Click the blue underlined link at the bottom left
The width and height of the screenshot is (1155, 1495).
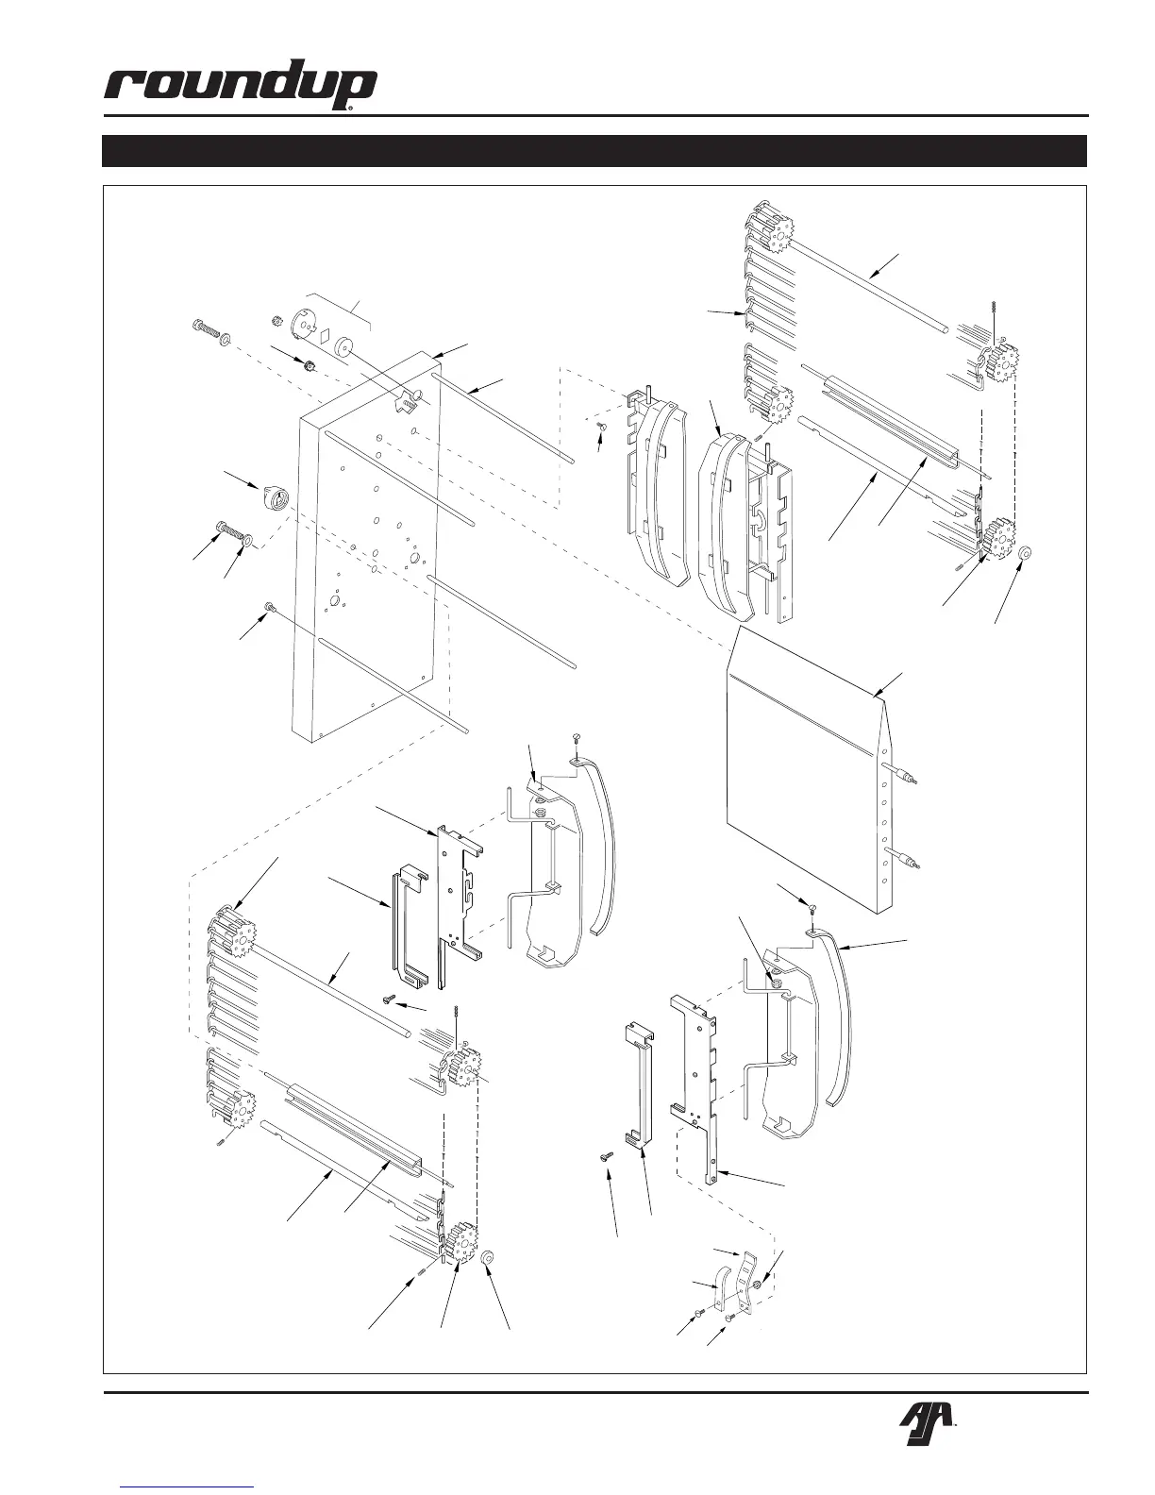click(189, 1487)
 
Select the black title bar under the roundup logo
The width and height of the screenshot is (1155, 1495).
click(594, 151)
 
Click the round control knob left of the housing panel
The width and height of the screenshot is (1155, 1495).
click(273, 498)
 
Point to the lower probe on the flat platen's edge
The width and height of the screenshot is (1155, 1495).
click(909, 861)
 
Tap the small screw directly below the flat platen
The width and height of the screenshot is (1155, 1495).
click(812, 906)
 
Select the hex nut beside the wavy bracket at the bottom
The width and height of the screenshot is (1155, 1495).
click(759, 1285)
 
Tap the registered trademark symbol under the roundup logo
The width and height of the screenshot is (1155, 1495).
click(350, 109)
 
